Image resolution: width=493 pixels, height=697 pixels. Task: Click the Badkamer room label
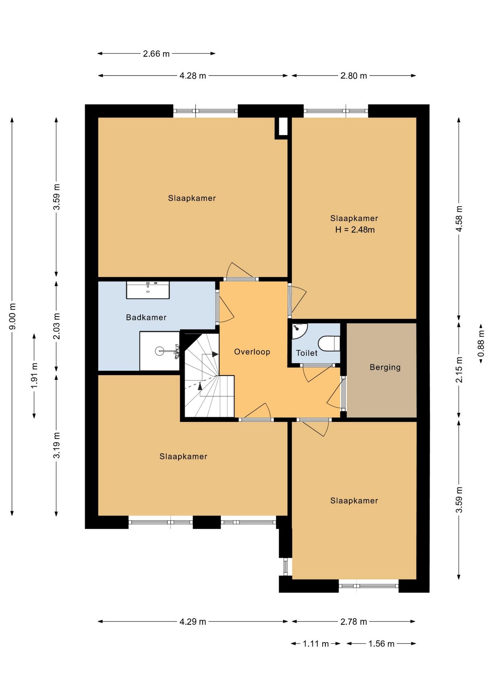coord(146,317)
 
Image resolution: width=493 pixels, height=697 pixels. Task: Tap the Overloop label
coord(252,352)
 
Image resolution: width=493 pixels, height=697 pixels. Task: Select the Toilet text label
coord(307,353)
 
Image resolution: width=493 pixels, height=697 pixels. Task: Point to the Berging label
coord(385,367)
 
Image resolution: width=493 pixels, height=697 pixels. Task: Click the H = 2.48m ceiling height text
coord(355,230)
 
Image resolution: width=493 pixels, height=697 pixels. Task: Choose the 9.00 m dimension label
coord(12,316)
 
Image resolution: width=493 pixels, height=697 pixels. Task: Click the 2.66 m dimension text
coord(156,54)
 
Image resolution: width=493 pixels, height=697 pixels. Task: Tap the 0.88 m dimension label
coord(481,343)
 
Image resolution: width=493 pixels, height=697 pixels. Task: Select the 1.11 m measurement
coord(316,644)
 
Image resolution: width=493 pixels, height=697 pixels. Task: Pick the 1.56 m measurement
coord(381,644)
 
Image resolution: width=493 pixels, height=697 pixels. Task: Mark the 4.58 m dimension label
coord(459,219)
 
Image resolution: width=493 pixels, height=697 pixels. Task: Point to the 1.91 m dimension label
coord(34,375)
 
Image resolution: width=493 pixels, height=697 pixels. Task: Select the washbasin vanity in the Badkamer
coord(148,290)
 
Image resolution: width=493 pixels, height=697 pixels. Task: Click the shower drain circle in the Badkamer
coord(159,351)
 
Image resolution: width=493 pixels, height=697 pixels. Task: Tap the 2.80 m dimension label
coord(354,76)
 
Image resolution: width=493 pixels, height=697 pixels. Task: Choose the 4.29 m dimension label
coord(193,622)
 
